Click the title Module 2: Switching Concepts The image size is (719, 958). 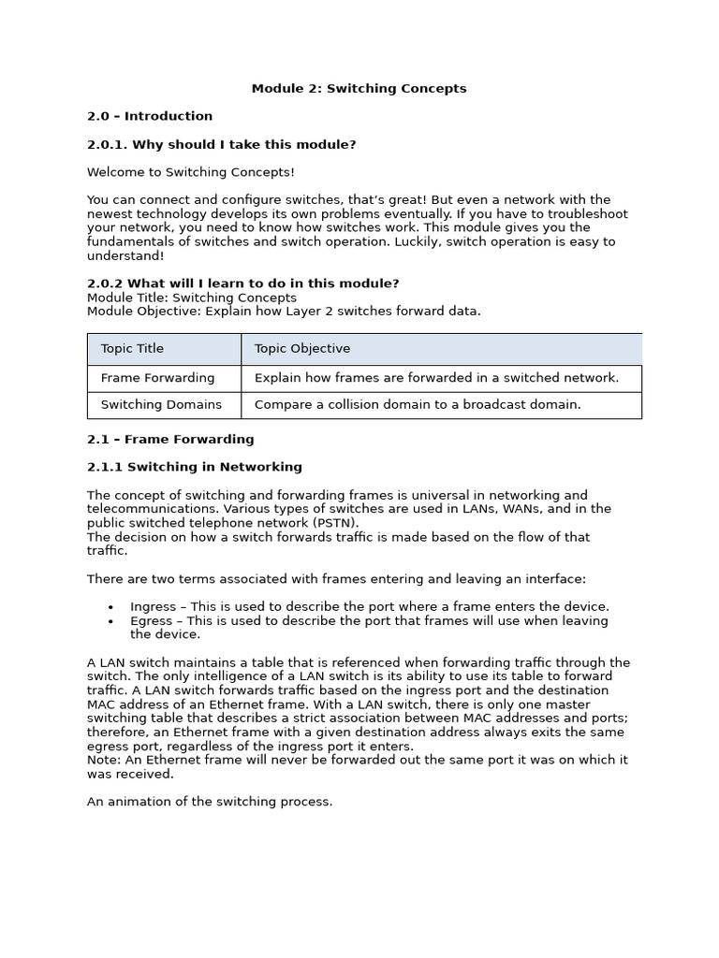coord(359,89)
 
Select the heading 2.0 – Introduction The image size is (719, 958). coord(150,117)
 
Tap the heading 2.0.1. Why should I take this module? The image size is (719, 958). coord(221,145)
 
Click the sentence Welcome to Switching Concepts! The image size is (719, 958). coord(190,172)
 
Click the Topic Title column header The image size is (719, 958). coord(132,349)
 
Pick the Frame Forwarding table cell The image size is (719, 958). coord(157,378)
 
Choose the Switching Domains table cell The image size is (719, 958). coord(161,405)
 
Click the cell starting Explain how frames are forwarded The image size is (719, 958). coord(436,378)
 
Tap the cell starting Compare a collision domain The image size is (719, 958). coord(418,405)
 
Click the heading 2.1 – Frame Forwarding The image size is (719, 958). coord(170,440)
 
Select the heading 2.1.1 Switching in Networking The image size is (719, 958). coord(195,467)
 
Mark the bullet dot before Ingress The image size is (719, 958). coord(111,608)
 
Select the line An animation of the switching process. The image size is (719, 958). coord(210,802)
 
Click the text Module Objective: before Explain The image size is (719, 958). coord(142,312)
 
